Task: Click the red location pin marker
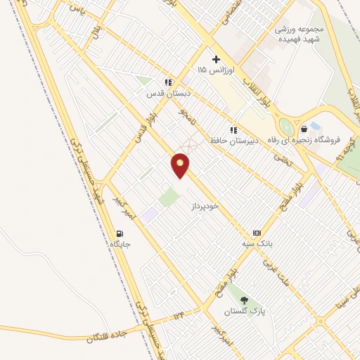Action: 181,165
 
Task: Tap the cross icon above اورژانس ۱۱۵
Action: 216,59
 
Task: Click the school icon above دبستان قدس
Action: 168,82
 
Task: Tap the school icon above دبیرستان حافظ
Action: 233,130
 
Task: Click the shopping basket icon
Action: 304,129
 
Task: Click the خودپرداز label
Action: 205,206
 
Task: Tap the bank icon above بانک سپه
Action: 257,233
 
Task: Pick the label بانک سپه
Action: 257,243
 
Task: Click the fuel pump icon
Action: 120,233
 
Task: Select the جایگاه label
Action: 120,244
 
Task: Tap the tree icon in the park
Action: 244,300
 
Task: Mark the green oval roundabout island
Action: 285,127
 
